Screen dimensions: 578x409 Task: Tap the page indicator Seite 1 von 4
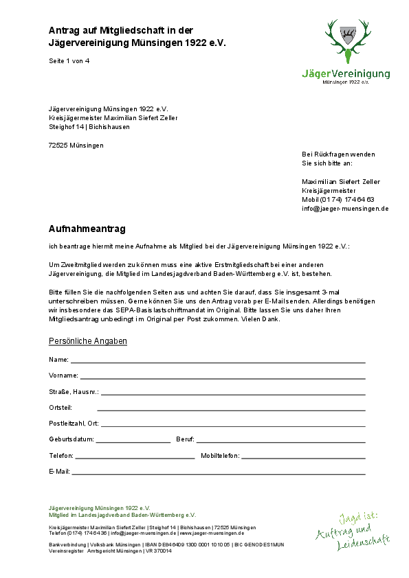coord(69,61)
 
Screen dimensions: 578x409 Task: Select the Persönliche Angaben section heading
coord(88,341)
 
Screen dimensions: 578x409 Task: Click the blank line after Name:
coord(218,360)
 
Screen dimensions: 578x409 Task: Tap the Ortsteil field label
coord(60,408)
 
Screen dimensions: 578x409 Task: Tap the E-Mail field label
coord(59,472)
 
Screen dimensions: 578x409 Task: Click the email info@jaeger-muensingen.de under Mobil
coord(345,209)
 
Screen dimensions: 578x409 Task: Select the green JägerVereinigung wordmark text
coord(346,73)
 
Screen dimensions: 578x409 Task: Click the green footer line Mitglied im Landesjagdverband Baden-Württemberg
coord(122,514)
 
